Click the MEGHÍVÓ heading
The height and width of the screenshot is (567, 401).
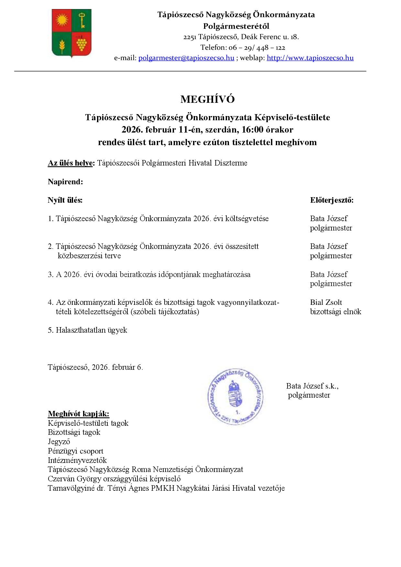click(x=207, y=99)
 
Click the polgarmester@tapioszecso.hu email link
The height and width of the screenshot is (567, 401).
click(x=186, y=58)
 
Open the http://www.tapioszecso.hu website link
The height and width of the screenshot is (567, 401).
click(x=310, y=58)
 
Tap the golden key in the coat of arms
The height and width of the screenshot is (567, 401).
click(x=82, y=20)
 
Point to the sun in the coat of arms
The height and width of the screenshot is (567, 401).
click(x=62, y=20)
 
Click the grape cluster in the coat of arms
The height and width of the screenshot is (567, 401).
click(x=81, y=44)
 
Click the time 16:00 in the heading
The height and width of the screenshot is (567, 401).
click(x=252, y=130)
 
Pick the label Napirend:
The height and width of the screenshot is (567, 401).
click(x=65, y=182)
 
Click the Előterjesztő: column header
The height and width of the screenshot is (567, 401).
click(x=331, y=200)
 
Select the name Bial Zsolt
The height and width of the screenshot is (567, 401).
click(x=326, y=302)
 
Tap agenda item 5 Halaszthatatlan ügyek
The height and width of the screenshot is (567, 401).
click(x=88, y=330)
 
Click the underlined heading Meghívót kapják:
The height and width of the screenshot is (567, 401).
click(x=79, y=414)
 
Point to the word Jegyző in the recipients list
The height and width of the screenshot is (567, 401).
click(x=59, y=442)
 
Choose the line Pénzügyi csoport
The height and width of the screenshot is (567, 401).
click(x=75, y=451)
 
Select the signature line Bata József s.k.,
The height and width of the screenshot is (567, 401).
click(x=312, y=386)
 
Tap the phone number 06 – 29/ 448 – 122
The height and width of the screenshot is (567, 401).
click(x=256, y=48)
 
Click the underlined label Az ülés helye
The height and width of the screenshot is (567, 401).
click(x=70, y=163)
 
